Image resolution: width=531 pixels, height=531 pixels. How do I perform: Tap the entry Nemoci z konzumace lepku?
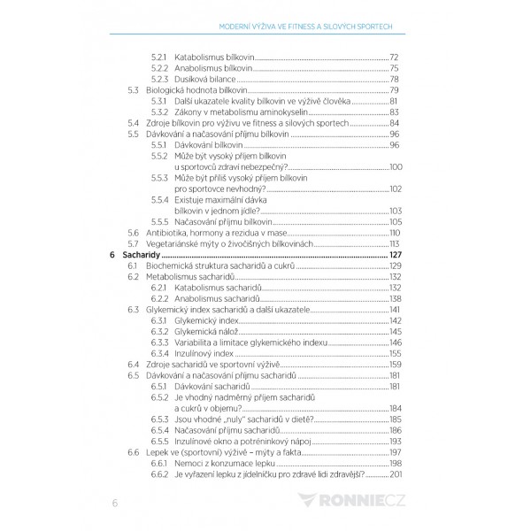click(x=225, y=462)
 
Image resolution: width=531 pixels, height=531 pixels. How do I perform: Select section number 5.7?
click(x=134, y=243)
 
